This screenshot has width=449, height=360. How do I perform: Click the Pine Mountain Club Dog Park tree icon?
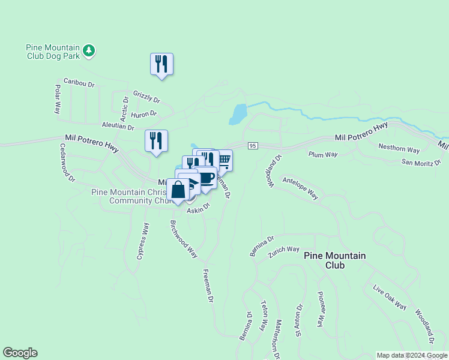click(x=89, y=50)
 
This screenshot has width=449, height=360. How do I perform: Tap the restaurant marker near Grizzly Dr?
click(x=161, y=64)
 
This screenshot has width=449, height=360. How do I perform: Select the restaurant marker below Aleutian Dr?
click(x=156, y=141)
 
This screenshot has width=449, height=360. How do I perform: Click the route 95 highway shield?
click(x=253, y=146)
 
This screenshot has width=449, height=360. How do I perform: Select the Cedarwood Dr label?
click(x=67, y=163)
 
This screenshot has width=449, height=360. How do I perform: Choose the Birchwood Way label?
click(x=184, y=239)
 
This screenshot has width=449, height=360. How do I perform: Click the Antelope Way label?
click(x=300, y=187)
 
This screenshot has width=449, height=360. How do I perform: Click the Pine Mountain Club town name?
click(x=334, y=260)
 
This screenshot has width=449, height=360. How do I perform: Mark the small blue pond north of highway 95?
click(x=238, y=113)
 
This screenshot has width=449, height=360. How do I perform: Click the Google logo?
click(x=20, y=353)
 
